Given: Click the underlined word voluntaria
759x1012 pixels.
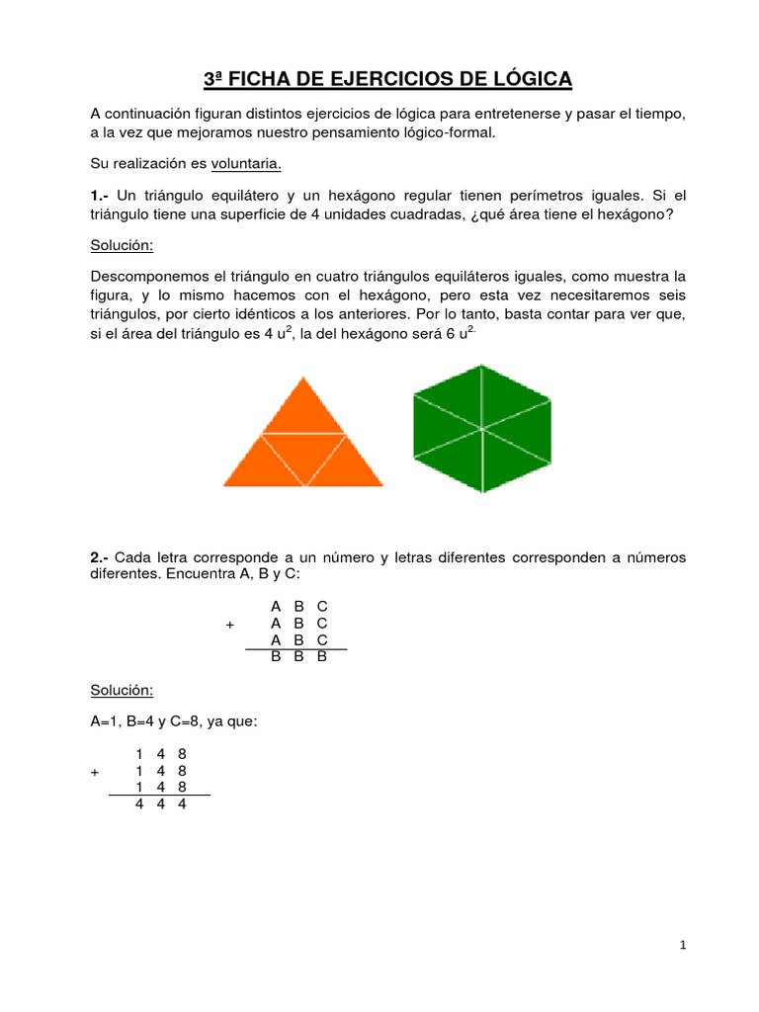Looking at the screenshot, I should [246, 162].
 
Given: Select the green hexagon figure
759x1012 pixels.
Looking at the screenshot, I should [482, 428].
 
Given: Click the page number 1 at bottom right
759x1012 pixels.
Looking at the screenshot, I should [682, 946].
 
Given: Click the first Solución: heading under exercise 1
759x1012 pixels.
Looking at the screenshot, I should [122, 244].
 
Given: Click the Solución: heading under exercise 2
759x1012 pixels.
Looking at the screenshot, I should [122, 689].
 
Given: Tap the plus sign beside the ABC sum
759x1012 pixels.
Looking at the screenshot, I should [230, 625].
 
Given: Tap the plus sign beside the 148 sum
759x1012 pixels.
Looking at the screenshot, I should [95, 771].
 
